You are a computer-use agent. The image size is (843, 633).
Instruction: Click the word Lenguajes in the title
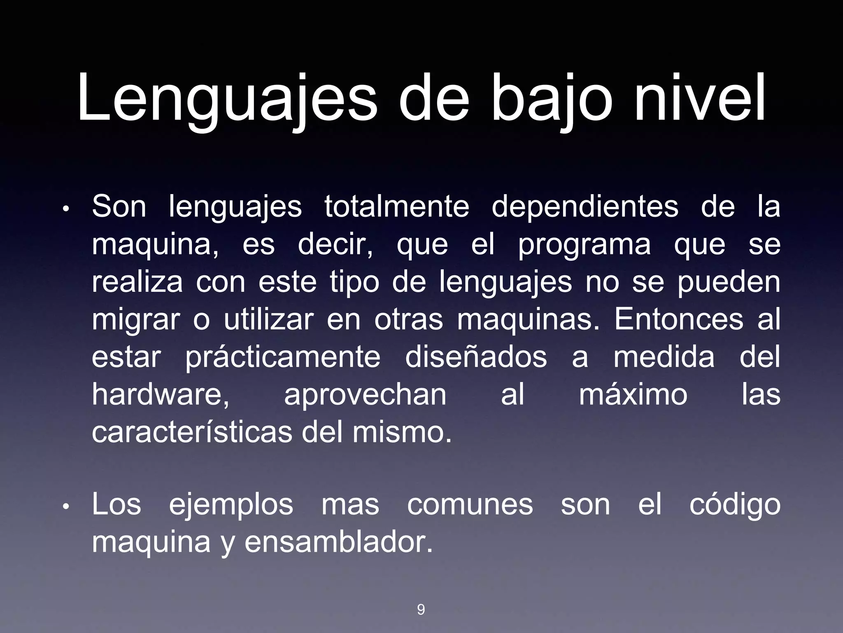[x=227, y=101]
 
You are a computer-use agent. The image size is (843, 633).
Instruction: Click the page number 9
[x=421, y=610]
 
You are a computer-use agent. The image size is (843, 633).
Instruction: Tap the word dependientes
[x=585, y=207]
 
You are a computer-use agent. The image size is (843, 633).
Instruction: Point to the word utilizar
[x=269, y=319]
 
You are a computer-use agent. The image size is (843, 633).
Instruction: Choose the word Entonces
[x=679, y=319]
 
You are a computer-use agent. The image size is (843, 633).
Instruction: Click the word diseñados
[x=476, y=357]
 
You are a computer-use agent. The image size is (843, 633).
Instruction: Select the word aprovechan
[x=365, y=395]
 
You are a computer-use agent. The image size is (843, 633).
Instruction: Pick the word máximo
[x=633, y=394]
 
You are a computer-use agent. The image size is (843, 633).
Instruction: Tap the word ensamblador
[x=339, y=542]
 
